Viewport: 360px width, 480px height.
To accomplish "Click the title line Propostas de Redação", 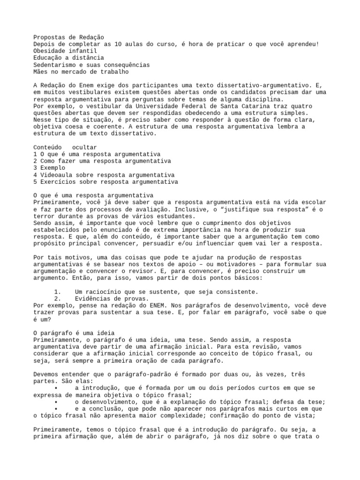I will (69, 37).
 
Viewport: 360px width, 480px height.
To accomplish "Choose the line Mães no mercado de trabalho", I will (81, 72).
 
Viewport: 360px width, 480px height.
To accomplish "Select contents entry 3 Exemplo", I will (50, 168).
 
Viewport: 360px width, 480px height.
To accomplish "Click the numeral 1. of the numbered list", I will (58, 292).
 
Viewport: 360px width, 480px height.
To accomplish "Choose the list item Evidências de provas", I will (112, 299).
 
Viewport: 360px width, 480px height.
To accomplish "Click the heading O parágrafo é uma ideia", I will (74, 333).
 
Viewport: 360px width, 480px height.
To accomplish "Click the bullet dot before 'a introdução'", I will (56, 388).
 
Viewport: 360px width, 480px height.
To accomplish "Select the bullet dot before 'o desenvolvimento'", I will (56, 402).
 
